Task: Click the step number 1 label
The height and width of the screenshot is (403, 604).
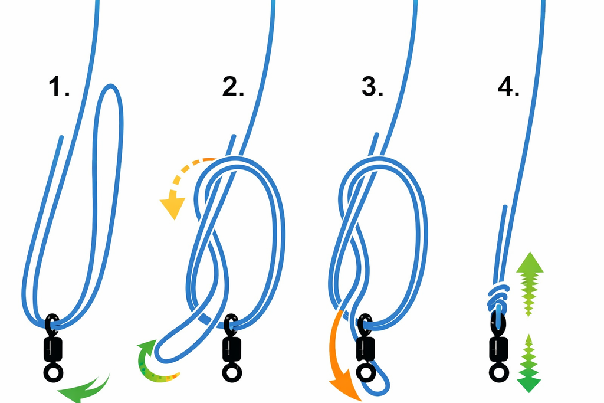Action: pos(59,87)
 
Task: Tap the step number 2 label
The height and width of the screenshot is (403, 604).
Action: pos(233,87)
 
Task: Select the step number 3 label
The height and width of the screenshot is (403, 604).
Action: pos(372,87)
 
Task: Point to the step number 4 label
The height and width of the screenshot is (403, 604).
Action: pos(508,87)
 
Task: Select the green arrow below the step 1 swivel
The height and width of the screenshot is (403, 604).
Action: pos(87,390)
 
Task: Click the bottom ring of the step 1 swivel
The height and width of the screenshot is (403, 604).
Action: pos(53,372)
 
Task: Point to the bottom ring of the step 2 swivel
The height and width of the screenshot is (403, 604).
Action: pos(232,372)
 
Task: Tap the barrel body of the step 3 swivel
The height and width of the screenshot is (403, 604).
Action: pos(365,349)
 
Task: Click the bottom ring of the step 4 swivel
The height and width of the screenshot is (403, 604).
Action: pos(499,372)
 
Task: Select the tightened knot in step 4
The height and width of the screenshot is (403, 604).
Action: pos(498,297)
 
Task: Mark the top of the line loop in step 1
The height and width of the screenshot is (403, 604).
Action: pos(111,86)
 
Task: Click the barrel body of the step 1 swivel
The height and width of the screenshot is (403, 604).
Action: pos(53,349)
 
